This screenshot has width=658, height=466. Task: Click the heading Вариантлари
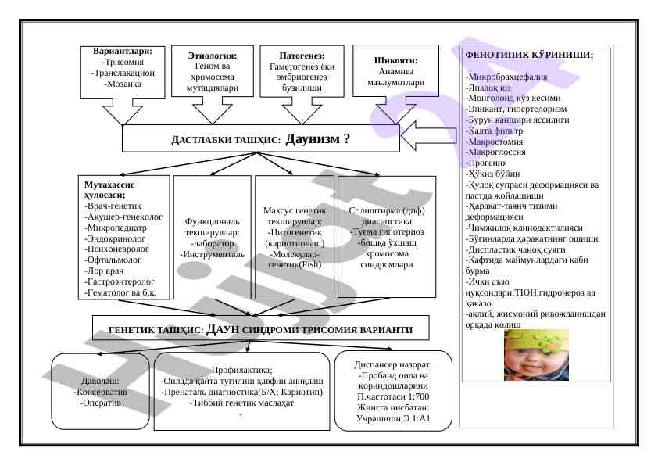[127, 51]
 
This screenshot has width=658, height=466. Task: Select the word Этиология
[212, 56]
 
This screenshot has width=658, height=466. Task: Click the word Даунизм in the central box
[313, 140]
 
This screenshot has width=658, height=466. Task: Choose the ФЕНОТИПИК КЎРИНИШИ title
[528, 55]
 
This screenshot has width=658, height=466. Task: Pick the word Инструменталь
[213, 254]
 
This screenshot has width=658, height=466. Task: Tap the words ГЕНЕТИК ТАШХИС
[156, 330]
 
